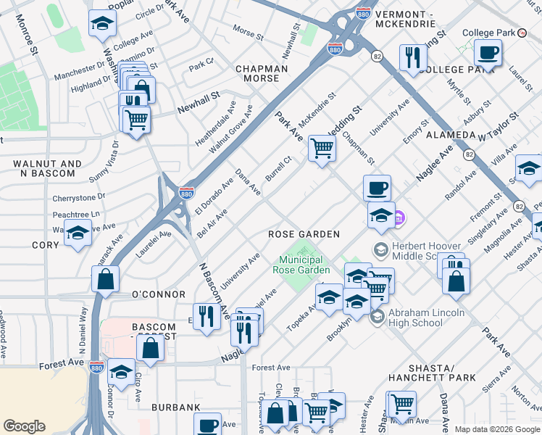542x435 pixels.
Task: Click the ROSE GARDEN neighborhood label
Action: (x=304, y=234)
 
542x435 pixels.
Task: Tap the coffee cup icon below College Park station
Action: (x=488, y=53)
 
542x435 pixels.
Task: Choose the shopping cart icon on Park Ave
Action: (x=322, y=149)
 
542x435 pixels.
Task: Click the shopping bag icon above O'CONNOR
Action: (x=106, y=278)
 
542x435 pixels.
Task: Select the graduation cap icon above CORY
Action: (x=78, y=234)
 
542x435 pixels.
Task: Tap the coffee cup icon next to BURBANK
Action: (x=208, y=426)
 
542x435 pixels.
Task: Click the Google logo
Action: (x=24, y=426)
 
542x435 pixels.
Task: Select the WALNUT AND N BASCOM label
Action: (x=43, y=169)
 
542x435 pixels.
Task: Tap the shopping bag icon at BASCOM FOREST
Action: (x=150, y=349)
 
